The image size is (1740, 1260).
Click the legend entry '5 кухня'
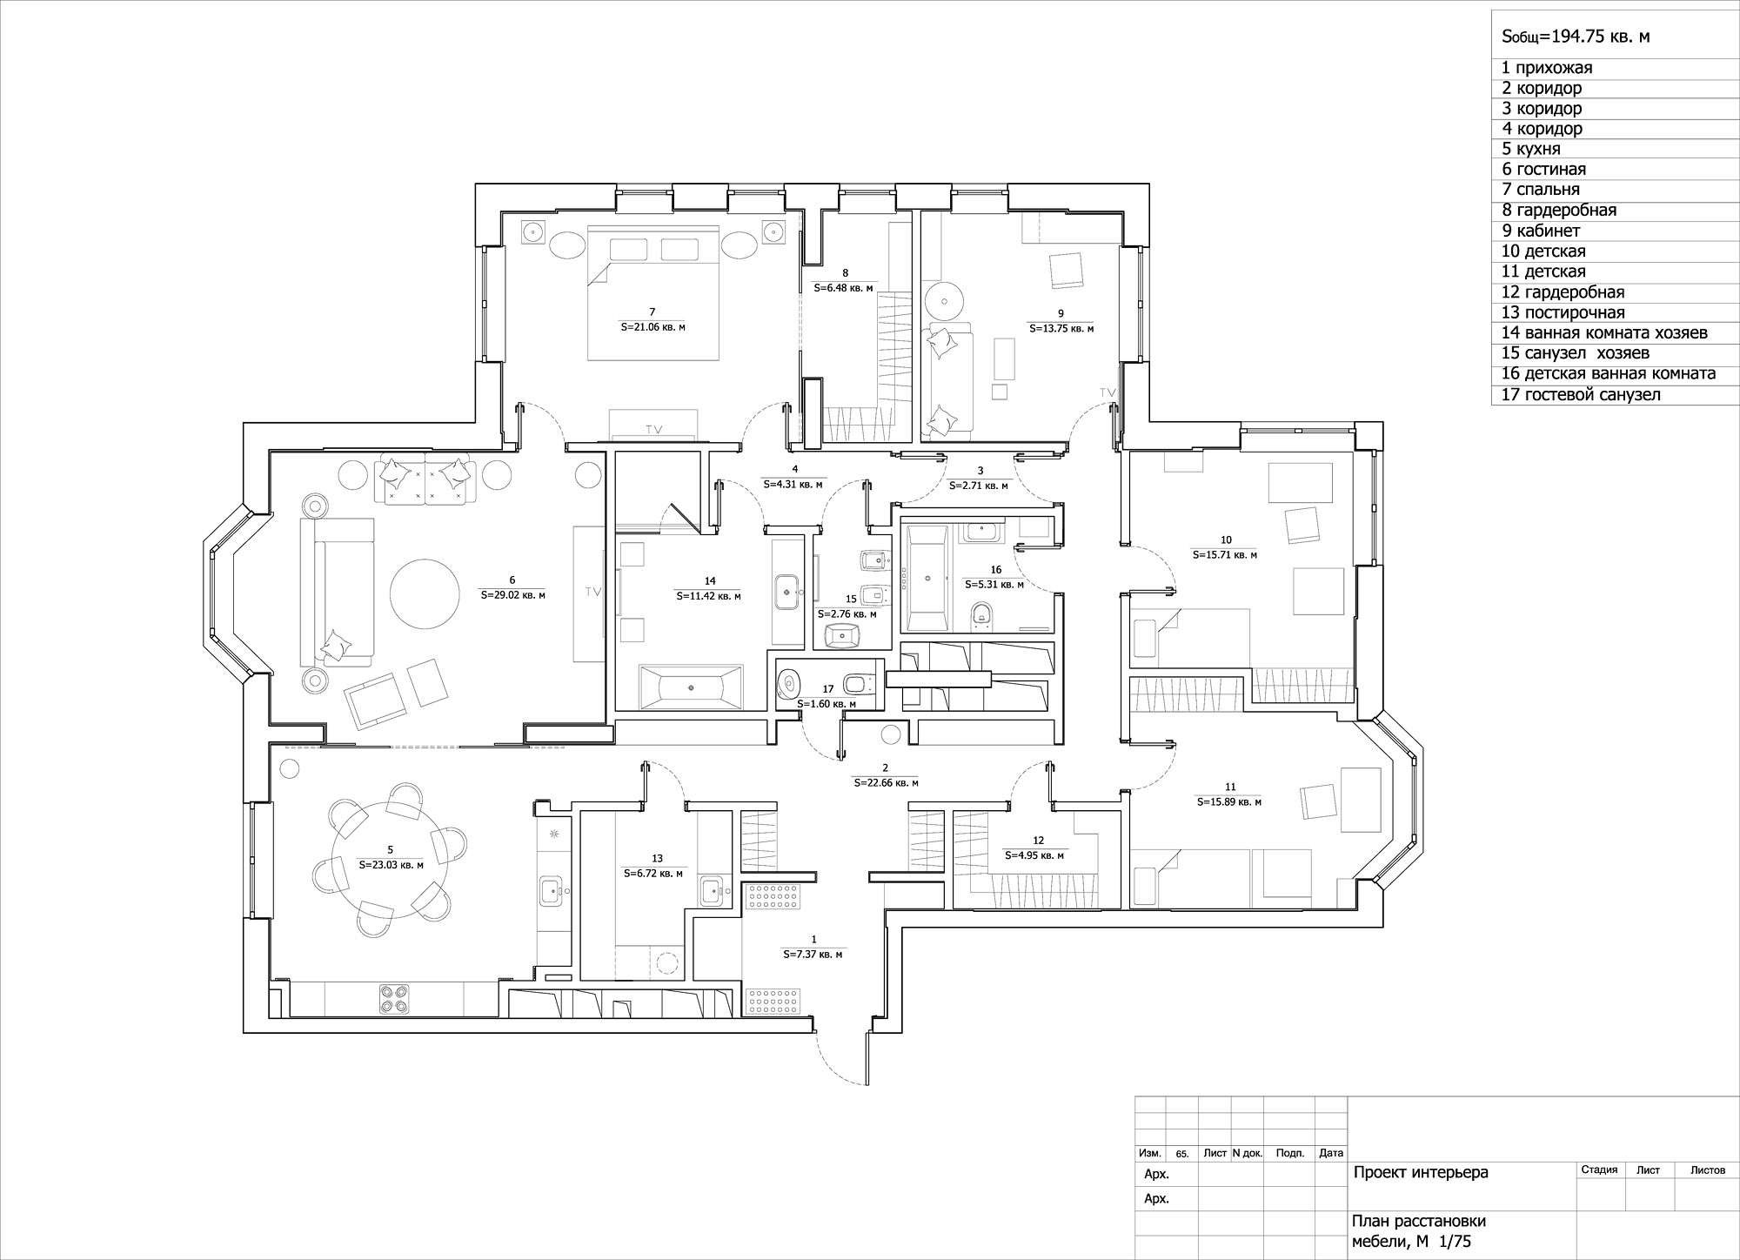[x=1531, y=149]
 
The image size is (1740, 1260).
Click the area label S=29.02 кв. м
[x=512, y=596]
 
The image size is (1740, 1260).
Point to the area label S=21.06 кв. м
[x=652, y=327]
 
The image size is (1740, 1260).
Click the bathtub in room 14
[x=691, y=687]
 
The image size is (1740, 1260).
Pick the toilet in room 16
[x=980, y=614]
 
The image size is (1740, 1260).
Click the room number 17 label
[x=827, y=688]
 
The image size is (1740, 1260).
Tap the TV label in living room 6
[x=593, y=592]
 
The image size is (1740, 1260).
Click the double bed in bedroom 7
[x=653, y=292]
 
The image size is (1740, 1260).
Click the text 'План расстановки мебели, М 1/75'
[x=1414, y=1231]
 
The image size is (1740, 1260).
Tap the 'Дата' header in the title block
[x=1331, y=1153]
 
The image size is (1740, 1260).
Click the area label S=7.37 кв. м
[x=813, y=955]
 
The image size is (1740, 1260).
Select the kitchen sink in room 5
[x=552, y=890]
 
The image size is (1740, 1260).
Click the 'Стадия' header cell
[x=1599, y=1170]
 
